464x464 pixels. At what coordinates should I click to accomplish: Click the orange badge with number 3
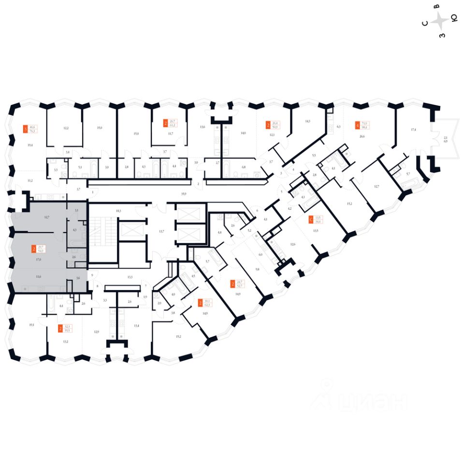(x=25, y=129)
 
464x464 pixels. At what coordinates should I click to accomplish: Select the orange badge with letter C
(x=311, y=220)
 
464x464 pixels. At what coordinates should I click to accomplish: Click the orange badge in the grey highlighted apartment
(x=33, y=249)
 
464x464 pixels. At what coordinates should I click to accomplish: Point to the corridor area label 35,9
(x=184, y=193)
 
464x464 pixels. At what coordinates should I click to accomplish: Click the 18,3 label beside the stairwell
(x=117, y=211)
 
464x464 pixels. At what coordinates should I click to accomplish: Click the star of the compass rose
(x=440, y=21)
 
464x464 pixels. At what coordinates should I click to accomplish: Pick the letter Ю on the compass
(x=454, y=18)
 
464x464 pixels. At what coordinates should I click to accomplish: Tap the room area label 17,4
(x=413, y=130)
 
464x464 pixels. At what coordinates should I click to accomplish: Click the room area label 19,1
(x=31, y=325)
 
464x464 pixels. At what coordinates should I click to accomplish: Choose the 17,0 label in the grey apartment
(x=38, y=260)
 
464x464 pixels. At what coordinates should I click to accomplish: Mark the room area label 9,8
(x=258, y=269)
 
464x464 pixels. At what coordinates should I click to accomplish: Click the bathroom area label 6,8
(x=243, y=167)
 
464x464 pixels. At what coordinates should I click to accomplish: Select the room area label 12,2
(x=66, y=128)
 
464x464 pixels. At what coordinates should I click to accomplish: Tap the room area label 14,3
(x=307, y=122)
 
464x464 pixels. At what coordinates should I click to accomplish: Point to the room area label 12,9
(x=96, y=332)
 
